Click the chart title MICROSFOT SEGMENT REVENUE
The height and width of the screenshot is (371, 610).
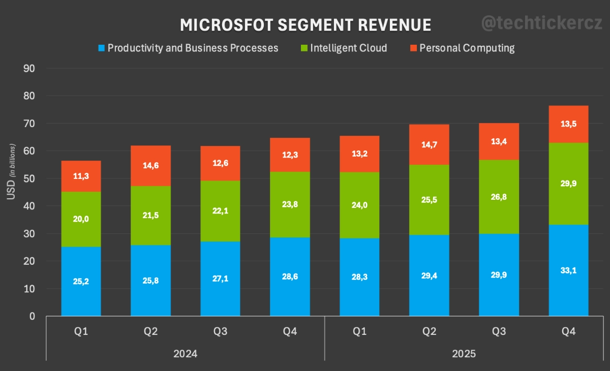click(x=306, y=25)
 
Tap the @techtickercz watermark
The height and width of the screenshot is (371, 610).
click(x=541, y=22)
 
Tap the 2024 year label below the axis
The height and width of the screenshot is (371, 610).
click(x=185, y=354)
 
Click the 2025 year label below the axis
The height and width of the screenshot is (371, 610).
click(x=463, y=354)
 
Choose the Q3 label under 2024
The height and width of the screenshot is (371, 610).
click(x=220, y=332)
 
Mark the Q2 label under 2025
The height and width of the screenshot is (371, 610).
click(x=430, y=332)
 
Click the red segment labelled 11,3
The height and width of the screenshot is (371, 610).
click(x=81, y=176)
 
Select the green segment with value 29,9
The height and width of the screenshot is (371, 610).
click(x=568, y=183)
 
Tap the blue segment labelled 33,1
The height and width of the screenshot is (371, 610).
click(x=568, y=270)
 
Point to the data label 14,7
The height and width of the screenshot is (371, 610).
click(x=430, y=144)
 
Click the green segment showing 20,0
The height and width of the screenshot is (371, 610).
click(x=81, y=219)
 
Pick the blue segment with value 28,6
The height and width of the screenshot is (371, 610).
click(x=290, y=276)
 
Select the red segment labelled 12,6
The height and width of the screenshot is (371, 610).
click(x=220, y=163)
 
